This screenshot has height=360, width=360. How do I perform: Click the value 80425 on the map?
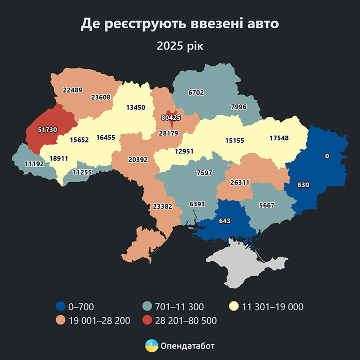171,118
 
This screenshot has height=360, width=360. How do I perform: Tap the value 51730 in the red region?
47,129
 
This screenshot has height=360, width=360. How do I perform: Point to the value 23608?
101,97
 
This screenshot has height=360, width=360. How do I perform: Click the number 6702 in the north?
196,93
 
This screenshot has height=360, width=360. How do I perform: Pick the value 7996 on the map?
239,107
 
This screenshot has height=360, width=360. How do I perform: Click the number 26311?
240,182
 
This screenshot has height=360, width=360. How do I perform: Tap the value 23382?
163,206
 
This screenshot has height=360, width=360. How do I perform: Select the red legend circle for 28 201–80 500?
148,320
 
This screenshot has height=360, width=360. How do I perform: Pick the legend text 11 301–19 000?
273,307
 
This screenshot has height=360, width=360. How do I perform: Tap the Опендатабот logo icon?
151,345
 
